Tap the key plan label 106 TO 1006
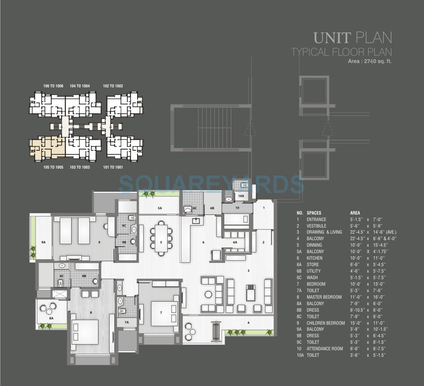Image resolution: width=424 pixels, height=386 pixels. (x=53, y=86)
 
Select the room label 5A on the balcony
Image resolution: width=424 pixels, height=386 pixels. (x=160, y=208)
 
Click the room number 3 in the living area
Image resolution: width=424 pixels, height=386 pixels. (x=248, y=270)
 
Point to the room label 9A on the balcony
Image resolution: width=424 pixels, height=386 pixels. (x=44, y=242)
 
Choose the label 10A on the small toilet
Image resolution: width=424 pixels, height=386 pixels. (x=241, y=196)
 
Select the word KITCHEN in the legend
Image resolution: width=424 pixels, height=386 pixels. (x=315, y=258)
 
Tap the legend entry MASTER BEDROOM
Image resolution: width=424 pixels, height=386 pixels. (x=324, y=297)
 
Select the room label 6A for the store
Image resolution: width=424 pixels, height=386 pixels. (x=235, y=242)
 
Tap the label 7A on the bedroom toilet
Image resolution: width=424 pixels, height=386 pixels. (x=127, y=322)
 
